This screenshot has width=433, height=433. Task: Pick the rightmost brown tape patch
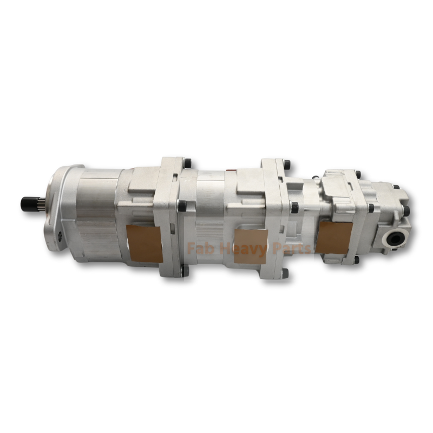pos(334,237)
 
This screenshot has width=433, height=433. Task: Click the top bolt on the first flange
pos(187,163)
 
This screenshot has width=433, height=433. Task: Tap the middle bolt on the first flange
pos(182,206)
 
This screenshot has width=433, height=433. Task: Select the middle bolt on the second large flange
pos(294,207)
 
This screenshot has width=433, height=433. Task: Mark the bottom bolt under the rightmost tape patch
pos(355,260)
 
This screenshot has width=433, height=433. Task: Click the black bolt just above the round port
pos(406,210)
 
